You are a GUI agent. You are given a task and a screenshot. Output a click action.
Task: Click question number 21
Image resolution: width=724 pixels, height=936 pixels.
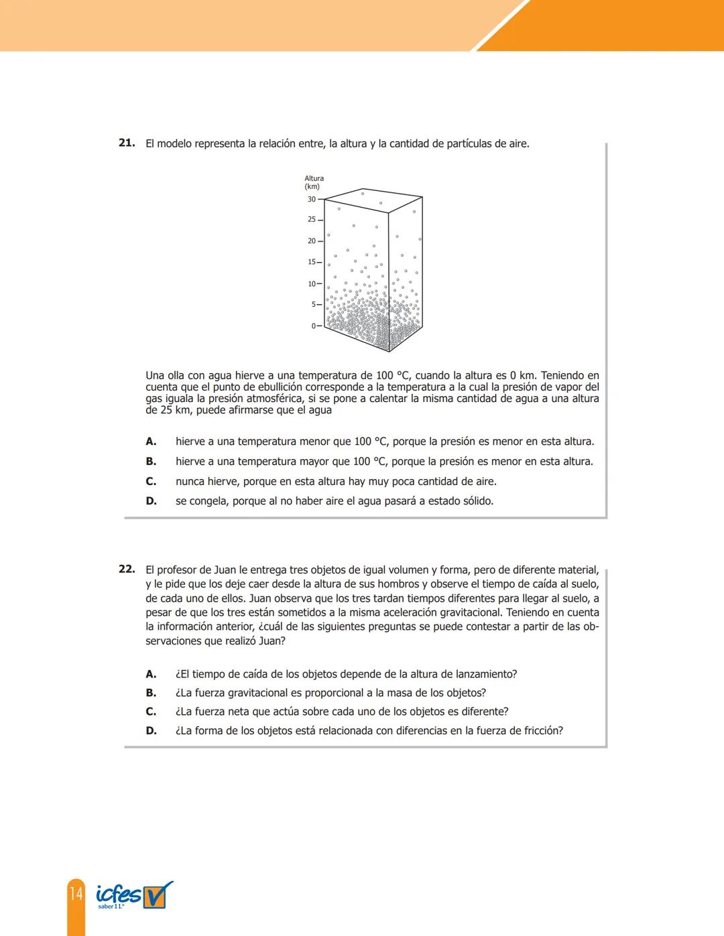127,143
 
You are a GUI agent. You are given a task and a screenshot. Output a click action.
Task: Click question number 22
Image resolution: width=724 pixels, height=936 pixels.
127,569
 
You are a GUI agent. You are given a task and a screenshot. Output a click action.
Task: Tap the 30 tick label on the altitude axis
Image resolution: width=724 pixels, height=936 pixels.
312,199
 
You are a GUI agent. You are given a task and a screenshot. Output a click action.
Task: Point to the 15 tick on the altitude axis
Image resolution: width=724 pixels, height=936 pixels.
312,262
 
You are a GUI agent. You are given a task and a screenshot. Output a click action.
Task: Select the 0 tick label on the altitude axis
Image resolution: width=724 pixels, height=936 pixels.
313,326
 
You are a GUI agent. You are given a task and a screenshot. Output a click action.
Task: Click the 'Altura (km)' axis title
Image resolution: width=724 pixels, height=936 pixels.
314,182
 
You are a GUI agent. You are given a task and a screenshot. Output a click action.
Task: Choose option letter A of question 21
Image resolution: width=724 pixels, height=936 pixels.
151,442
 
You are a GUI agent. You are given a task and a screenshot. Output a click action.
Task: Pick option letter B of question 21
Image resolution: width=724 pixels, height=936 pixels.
151,462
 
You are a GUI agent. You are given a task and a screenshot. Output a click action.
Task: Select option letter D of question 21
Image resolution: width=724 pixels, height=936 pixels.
152,501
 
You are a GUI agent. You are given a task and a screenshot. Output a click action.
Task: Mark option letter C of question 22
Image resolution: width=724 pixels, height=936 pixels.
151,712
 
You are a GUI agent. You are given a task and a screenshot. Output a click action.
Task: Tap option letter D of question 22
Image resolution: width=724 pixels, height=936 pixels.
152,731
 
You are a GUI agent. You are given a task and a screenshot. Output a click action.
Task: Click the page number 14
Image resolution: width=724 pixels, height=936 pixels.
76,893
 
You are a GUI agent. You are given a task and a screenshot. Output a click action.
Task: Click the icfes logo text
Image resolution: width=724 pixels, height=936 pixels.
119,894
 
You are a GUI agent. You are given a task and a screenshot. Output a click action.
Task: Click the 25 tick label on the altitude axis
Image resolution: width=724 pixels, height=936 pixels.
312,220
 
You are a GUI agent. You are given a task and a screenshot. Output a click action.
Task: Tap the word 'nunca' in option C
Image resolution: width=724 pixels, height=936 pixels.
190,482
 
